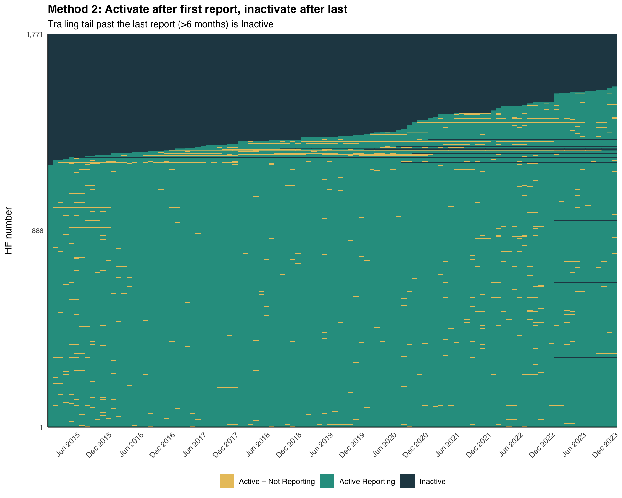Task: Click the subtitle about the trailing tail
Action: tap(161, 24)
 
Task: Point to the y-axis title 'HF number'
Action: tap(9, 231)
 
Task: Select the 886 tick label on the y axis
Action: tap(38, 231)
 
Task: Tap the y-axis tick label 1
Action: tap(41, 427)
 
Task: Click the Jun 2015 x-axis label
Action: tap(68, 445)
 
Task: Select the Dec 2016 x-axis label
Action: tap(162, 445)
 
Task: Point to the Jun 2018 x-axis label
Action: tap(258, 445)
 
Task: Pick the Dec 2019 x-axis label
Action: tap(352, 445)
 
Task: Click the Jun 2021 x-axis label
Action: tap(447, 445)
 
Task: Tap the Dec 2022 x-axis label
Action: tap(542, 445)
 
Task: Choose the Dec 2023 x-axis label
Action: tap(605, 445)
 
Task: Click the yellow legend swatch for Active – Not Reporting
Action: tap(227, 481)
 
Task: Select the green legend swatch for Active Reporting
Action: tap(327, 481)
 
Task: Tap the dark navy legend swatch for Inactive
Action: tap(407, 481)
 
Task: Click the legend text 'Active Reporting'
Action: tap(367, 481)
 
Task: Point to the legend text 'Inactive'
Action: tap(432, 481)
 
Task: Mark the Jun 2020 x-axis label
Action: tap(384, 445)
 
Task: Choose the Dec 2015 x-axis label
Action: tap(99, 445)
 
